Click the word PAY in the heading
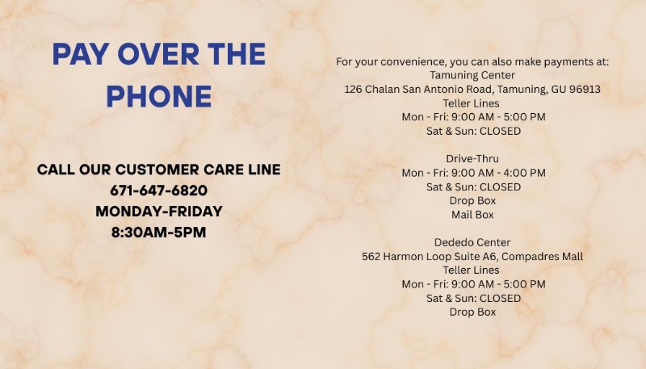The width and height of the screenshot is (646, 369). click(80, 54)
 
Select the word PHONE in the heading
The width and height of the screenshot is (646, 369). click(159, 96)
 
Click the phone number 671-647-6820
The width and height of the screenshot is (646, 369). click(158, 191)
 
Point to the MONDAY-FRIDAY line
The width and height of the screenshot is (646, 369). click(159, 212)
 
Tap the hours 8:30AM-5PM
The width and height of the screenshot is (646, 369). click(158, 233)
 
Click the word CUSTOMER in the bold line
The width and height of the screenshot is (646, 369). click(157, 170)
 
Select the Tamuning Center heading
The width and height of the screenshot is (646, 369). click(472, 75)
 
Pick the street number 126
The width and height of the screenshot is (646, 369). click(353, 90)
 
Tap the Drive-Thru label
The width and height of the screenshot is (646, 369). click(472, 159)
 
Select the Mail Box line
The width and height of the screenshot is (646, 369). click(472, 215)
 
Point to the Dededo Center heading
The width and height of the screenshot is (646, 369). click(472, 242)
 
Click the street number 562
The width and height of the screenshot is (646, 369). click(371, 257)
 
